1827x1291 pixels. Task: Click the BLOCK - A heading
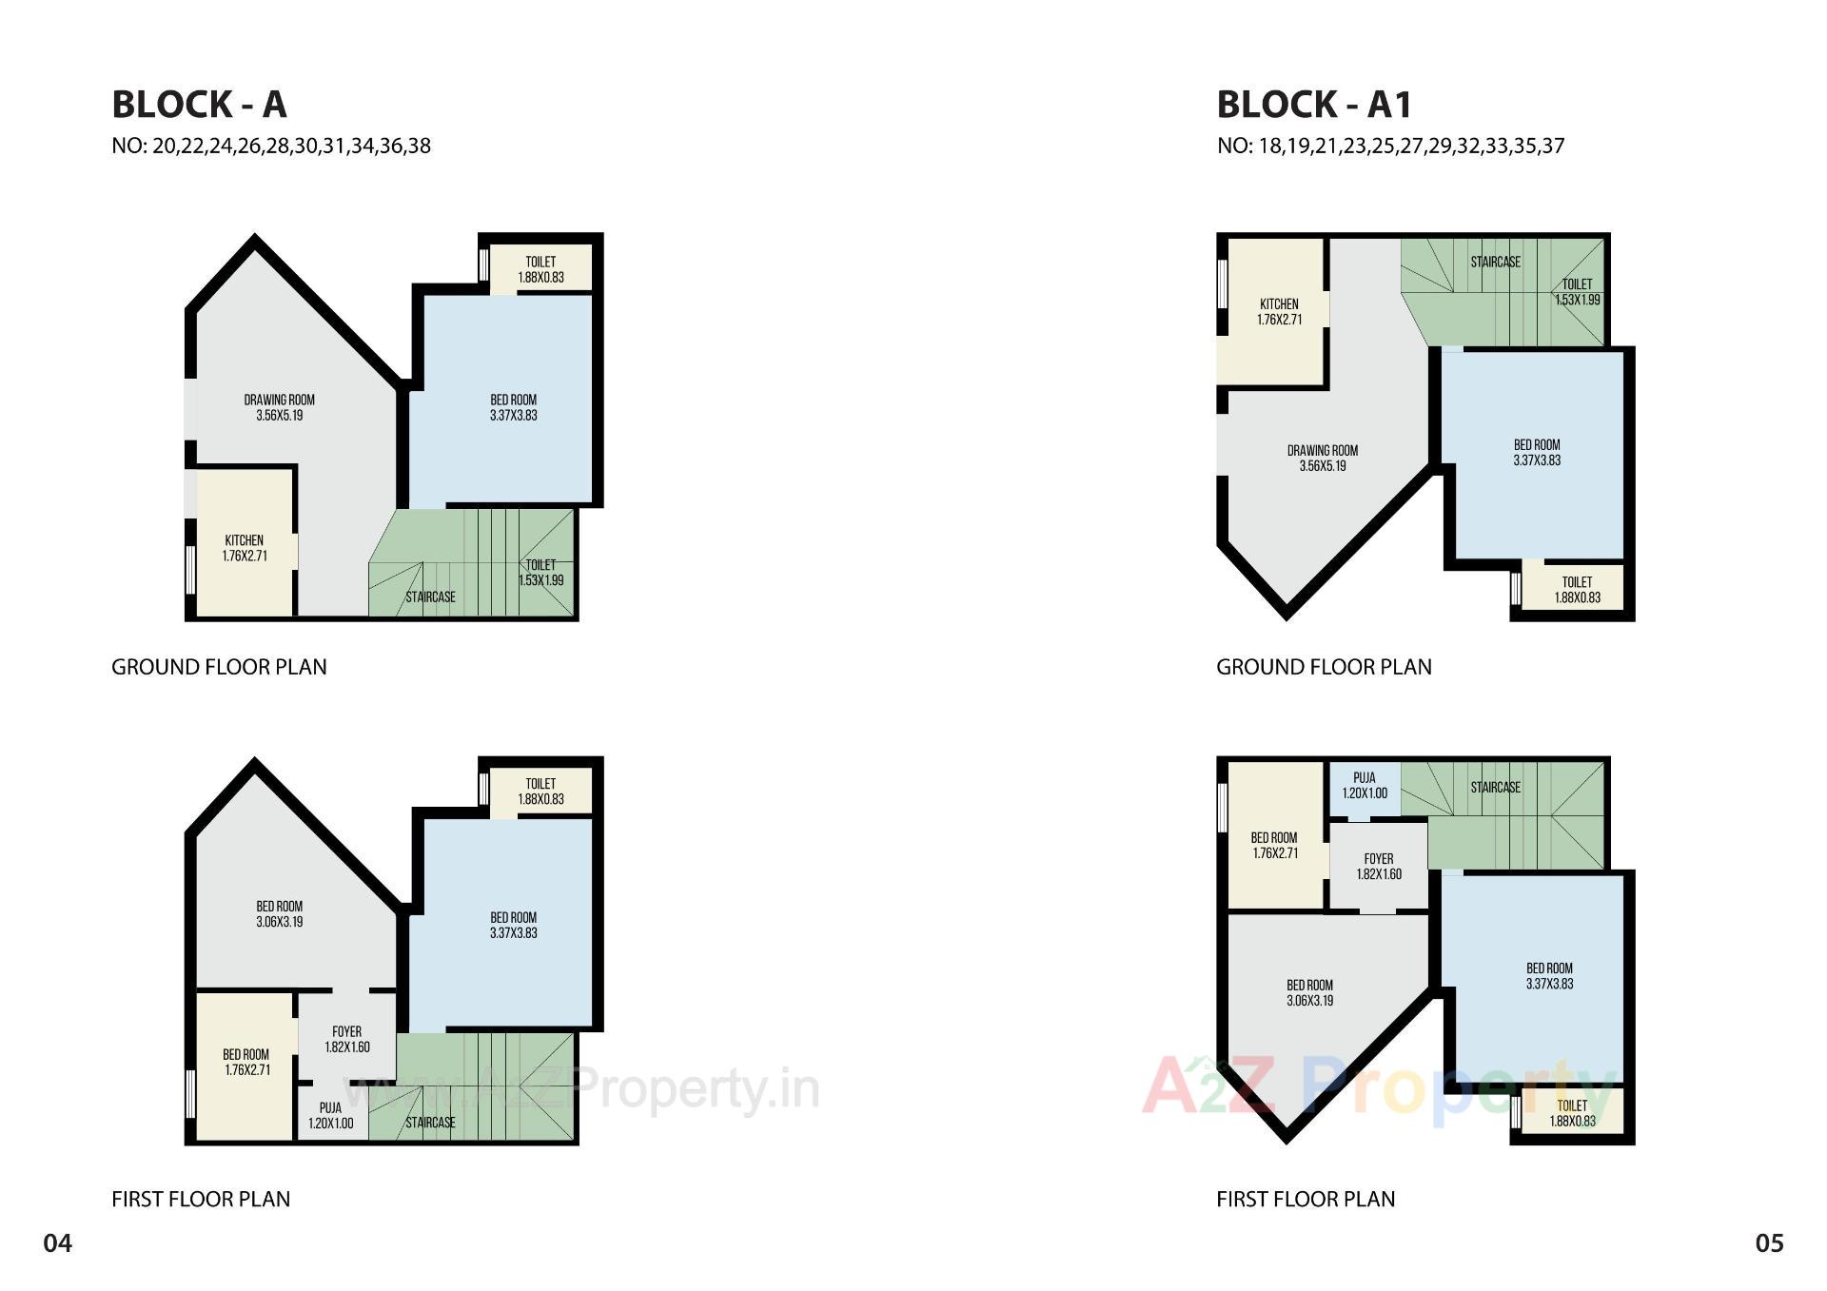click(199, 105)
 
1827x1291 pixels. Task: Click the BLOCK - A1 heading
click(1314, 105)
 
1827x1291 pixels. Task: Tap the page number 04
click(57, 1243)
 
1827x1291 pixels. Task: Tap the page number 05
click(1769, 1243)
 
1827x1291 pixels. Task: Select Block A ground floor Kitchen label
click(245, 548)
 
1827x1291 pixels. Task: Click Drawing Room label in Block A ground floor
click(279, 407)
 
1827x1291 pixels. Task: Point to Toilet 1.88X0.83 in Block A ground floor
click(540, 269)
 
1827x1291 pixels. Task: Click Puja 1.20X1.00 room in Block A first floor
click(330, 1115)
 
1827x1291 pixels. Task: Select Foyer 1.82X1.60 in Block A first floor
click(346, 1039)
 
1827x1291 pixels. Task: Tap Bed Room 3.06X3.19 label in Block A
click(279, 913)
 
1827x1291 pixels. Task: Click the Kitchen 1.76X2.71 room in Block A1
click(1279, 312)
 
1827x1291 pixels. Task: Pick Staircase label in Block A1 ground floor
click(1495, 262)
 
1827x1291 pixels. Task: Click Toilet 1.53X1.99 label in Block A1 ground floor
click(1577, 291)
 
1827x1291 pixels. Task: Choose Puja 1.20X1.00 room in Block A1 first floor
click(1365, 785)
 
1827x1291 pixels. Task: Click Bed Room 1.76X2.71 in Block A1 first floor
click(1274, 846)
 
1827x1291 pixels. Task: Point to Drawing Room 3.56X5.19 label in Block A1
click(1322, 458)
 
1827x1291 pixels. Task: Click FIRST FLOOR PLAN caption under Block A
click(201, 1199)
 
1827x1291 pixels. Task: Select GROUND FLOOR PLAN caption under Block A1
click(1324, 667)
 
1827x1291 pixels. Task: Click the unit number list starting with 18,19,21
click(1390, 146)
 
